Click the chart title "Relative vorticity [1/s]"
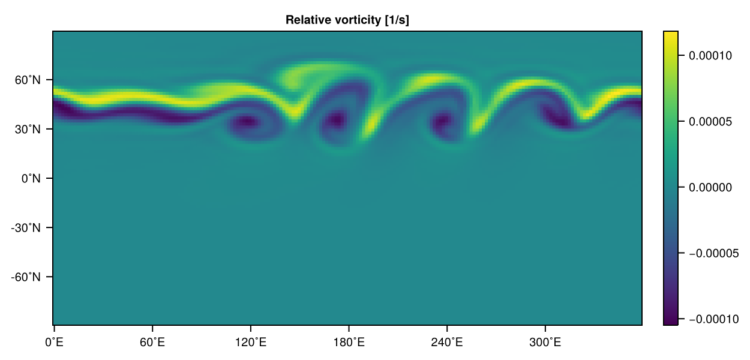(x=347, y=20)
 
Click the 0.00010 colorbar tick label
(x=710, y=56)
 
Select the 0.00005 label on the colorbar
(x=710, y=122)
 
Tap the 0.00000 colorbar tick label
(x=710, y=188)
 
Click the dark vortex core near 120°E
(x=245, y=122)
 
